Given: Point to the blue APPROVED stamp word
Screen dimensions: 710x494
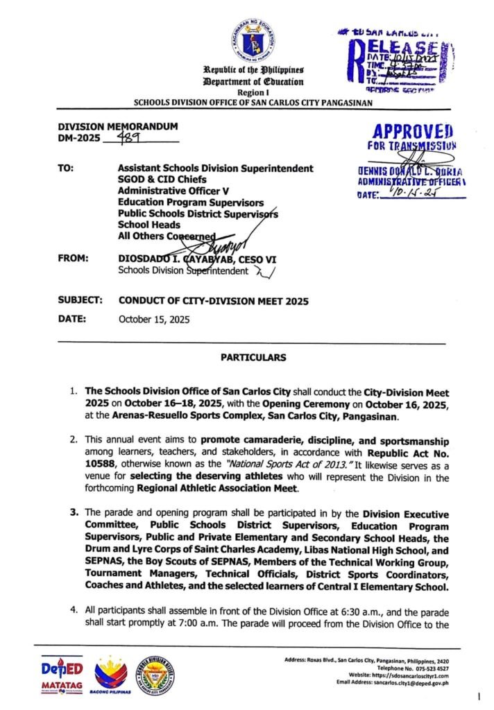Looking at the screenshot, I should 413,132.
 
